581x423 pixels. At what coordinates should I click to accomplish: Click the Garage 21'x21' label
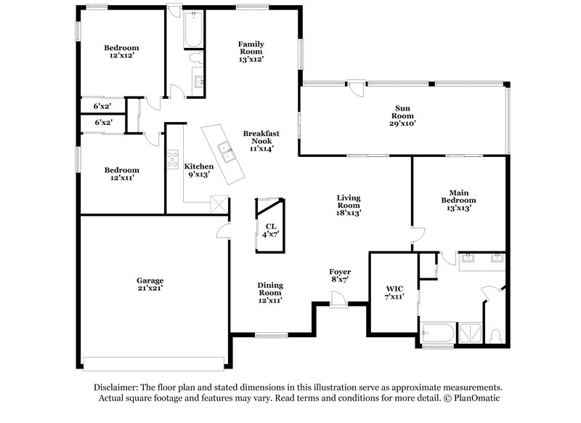(x=150, y=283)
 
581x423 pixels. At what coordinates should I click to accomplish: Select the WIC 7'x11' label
(x=394, y=293)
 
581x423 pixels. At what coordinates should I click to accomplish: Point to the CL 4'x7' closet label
(x=270, y=230)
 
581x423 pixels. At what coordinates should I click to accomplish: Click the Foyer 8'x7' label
(x=341, y=275)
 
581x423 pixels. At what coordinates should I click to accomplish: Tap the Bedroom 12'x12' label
(x=121, y=52)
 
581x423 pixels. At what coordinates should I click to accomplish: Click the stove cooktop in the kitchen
(x=173, y=159)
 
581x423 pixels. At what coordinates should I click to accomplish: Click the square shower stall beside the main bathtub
(x=470, y=334)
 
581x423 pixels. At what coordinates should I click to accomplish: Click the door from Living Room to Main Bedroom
(x=416, y=234)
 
